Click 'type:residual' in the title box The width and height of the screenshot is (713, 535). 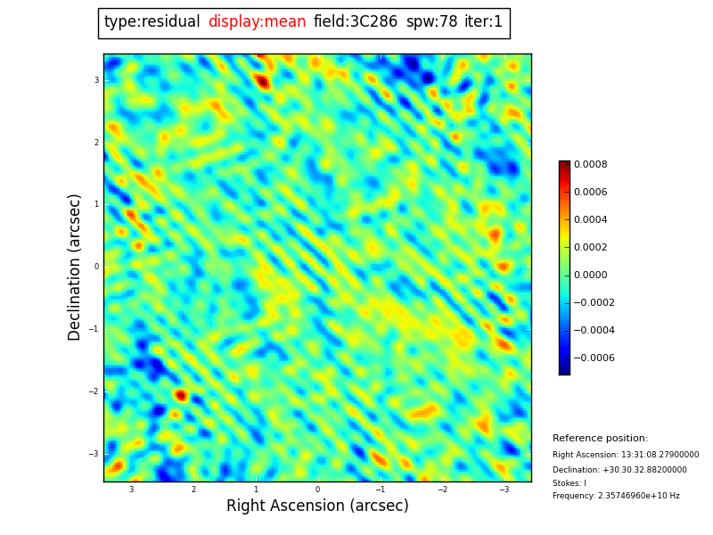[x=152, y=22]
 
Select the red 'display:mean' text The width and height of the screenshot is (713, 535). [x=257, y=22]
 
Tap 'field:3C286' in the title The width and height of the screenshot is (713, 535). [x=356, y=22]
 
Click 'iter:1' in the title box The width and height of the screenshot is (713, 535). [x=483, y=22]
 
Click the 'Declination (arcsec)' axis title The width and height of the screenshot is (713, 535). [x=75, y=267]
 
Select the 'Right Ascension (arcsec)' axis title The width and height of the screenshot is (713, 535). [x=317, y=506]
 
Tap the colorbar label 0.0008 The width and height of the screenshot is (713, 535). [x=590, y=165]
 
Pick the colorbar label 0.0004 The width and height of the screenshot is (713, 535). [x=590, y=220]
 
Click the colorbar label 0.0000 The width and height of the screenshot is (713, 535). [x=590, y=276]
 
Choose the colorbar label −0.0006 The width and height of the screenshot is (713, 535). [x=594, y=358]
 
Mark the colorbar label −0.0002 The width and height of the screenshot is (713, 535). [x=594, y=303]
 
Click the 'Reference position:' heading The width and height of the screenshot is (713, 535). [x=600, y=439]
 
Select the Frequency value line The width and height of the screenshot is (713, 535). [x=616, y=497]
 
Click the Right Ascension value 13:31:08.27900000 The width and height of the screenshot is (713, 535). [x=655, y=455]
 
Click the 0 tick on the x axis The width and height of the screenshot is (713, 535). [x=317, y=490]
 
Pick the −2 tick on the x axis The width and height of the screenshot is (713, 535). [x=441, y=490]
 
